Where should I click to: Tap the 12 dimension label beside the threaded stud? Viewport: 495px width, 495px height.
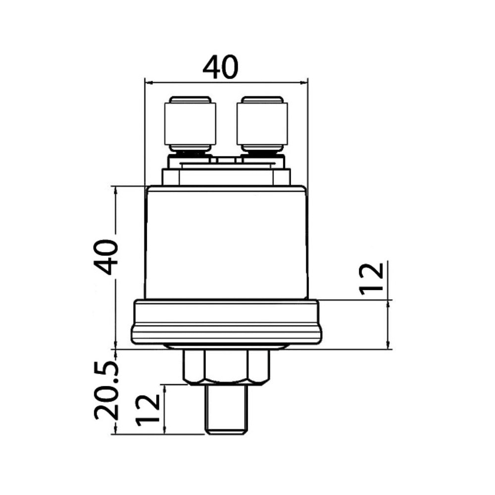click(148, 410)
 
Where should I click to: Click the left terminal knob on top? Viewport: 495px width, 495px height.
click(191, 124)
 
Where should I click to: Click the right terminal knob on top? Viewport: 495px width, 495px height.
click(262, 124)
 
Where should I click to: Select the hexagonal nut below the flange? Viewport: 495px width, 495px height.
click(226, 367)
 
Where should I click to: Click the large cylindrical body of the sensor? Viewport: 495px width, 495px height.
click(226, 243)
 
